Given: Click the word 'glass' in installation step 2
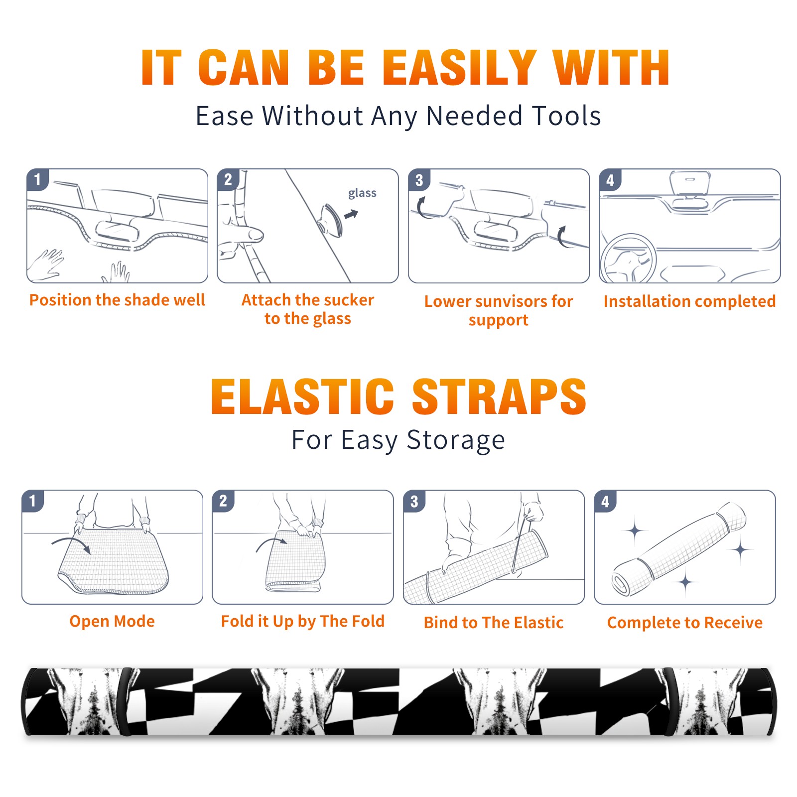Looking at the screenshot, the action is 362,193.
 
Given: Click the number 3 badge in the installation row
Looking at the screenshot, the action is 419,180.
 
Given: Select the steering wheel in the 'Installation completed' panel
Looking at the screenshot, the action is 628,259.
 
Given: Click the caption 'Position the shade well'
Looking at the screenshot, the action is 117,300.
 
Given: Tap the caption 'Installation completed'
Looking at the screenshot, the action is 689,301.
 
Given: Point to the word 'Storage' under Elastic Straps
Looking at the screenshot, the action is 456,440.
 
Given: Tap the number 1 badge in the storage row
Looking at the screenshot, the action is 32,501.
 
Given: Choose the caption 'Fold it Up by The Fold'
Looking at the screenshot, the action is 303,622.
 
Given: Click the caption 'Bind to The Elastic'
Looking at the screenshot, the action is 494,623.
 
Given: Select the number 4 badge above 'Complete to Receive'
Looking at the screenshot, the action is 605,501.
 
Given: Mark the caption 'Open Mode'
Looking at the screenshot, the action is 112,622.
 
